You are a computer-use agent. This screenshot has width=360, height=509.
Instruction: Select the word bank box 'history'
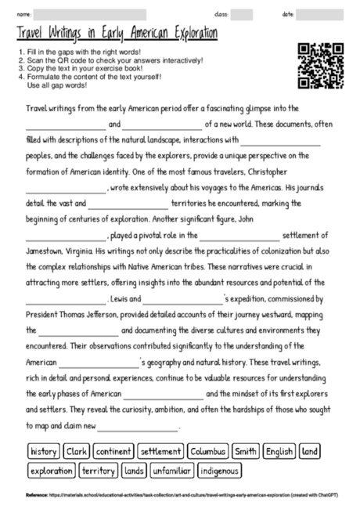pos(44,452)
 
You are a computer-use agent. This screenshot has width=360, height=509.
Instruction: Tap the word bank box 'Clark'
pos(77,452)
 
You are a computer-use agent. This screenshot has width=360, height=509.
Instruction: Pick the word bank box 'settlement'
pos(160,452)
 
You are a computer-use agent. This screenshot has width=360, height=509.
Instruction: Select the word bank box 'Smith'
pos(246,452)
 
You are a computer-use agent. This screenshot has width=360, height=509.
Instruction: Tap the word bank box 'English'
pos(279,452)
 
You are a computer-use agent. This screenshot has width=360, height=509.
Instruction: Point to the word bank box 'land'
pos(310,452)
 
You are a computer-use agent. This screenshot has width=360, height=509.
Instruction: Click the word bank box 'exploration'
pos(51,471)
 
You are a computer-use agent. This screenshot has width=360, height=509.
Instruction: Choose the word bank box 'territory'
pos(99,471)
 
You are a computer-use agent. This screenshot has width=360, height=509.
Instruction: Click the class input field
pos(242,14)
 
